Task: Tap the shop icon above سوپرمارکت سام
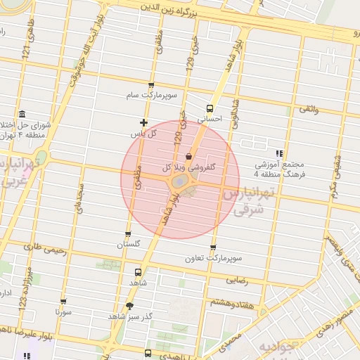point(151,84)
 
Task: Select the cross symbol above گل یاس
point(144,123)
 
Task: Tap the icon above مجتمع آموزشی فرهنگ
point(279,153)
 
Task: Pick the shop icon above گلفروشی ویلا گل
point(188,156)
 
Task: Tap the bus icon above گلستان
point(128,234)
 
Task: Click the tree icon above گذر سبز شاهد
point(129,305)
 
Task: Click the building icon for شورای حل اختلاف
point(22,114)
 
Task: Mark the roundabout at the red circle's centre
point(180,182)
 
